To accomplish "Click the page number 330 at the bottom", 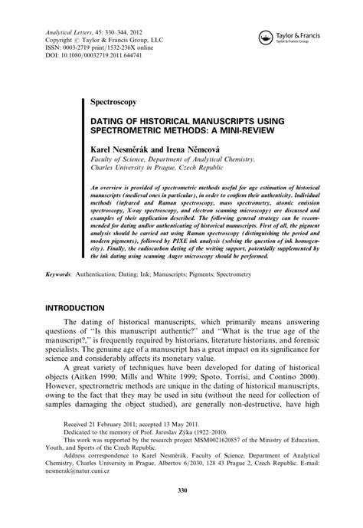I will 181,512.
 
